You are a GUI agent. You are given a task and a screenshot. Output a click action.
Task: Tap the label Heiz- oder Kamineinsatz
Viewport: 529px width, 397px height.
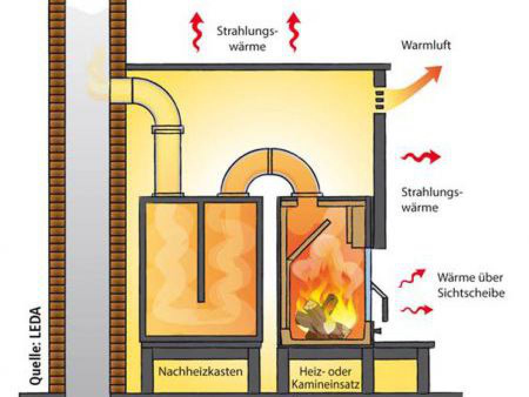click(x=325, y=378)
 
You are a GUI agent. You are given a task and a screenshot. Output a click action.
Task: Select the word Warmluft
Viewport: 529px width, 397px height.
click(x=426, y=45)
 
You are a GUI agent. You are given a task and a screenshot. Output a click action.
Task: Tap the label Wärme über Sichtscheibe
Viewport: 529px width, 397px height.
click(x=470, y=285)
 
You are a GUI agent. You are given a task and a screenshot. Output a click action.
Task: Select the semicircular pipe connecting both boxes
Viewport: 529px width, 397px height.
click(x=270, y=165)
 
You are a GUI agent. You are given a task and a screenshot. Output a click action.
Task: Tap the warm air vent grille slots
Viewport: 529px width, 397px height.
click(x=380, y=99)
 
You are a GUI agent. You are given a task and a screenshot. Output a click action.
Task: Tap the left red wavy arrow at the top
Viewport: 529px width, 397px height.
click(x=195, y=32)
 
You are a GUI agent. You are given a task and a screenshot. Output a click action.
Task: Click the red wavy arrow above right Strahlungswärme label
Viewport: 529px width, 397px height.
click(x=420, y=157)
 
